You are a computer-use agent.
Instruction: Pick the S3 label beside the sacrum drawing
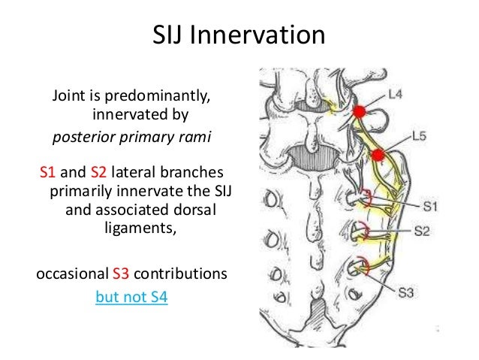(406, 292)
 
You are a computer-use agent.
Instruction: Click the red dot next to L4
(360, 111)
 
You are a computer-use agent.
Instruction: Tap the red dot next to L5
(379, 155)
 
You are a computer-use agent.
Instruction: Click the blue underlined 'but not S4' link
(131, 297)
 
